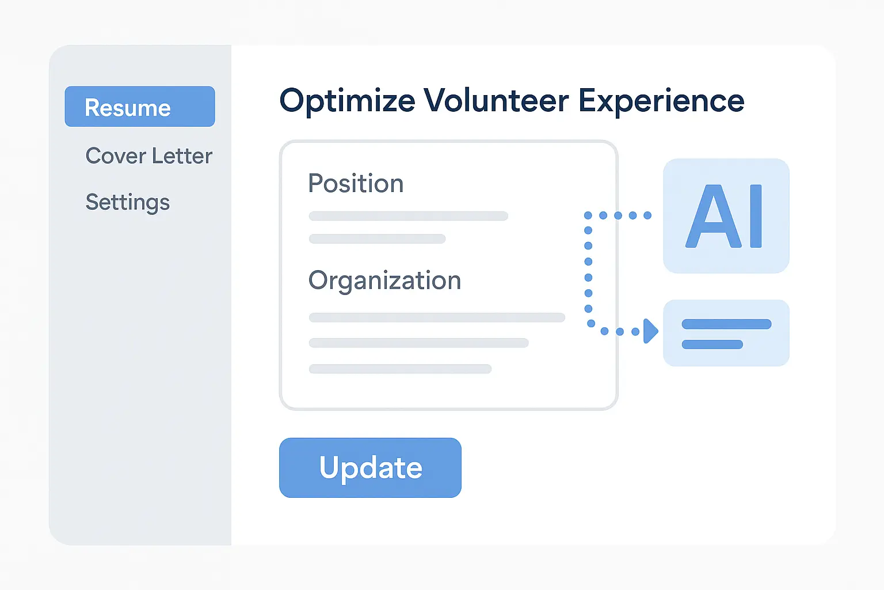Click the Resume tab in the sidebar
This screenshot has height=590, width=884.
pyautogui.click(x=140, y=106)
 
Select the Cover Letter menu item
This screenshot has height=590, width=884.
pyautogui.click(x=149, y=156)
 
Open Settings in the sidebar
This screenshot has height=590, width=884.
pyautogui.click(x=127, y=203)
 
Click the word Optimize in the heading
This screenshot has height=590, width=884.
pyautogui.click(x=347, y=101)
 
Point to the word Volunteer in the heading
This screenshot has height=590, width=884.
pyautogui.click(x=497, y=100)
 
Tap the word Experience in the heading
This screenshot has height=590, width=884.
pyautogui.click(x=661, y=101)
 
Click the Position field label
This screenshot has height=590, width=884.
pyautogui.click(x=356, y=183)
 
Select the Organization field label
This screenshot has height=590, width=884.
pyautogui.click(x=384, y=281)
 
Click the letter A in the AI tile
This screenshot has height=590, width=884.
pyautogui.click(x=714, y=216)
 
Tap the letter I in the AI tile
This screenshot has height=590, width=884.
pyautogui.click(x=756, y=216)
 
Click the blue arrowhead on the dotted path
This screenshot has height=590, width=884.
pyautogui.click(x=650, y=331)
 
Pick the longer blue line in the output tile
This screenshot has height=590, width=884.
pyautogui.click(x=726, y=324)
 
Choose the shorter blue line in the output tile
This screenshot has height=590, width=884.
pyautogui.click(x=712, y=345)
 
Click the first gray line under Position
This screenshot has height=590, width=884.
pyautogui.click(x=409, y=215)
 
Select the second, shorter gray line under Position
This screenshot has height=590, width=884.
pyautogui.click(x=378, y=239)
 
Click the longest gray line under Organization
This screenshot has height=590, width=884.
pyautogui.click(x=437, y=317)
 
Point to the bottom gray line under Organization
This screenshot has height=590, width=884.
pyautogui.click(x=400, y=369)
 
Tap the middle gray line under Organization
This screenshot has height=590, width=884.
pyautogui.click(x=419, y=343)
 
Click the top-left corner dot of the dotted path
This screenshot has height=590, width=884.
pyautogui.click(x=588, y=215)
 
